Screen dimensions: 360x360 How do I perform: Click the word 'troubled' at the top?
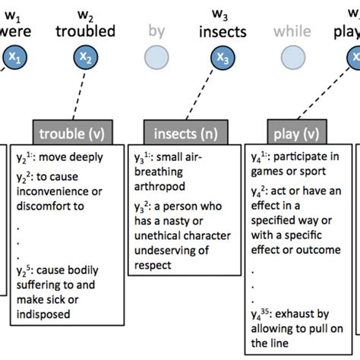click(85, 32)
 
